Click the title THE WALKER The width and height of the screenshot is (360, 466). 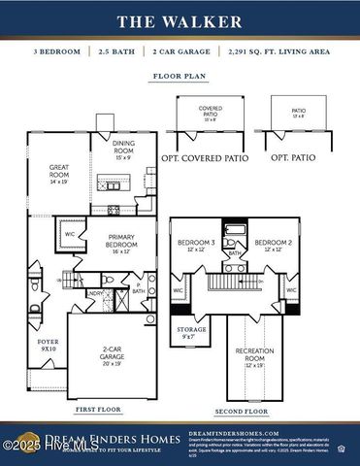pyautogui.click(x=180, y=20)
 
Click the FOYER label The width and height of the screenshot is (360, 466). pyautogui.click(x=48, y=344)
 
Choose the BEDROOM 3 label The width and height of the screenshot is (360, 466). pyautogui.click(x=196, y=244)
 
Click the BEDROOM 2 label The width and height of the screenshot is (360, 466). pyautogui.click(x=273, y=244)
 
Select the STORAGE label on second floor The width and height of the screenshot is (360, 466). pyautogui.click(x=191, y=331)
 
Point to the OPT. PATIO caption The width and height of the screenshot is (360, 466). pyautogui.click(x=297, y=156)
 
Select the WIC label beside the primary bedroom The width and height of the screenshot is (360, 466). pyautogui.click(x=70, y=234)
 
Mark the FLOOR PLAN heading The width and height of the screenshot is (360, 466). pyautogui.click(x=180, y=75)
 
